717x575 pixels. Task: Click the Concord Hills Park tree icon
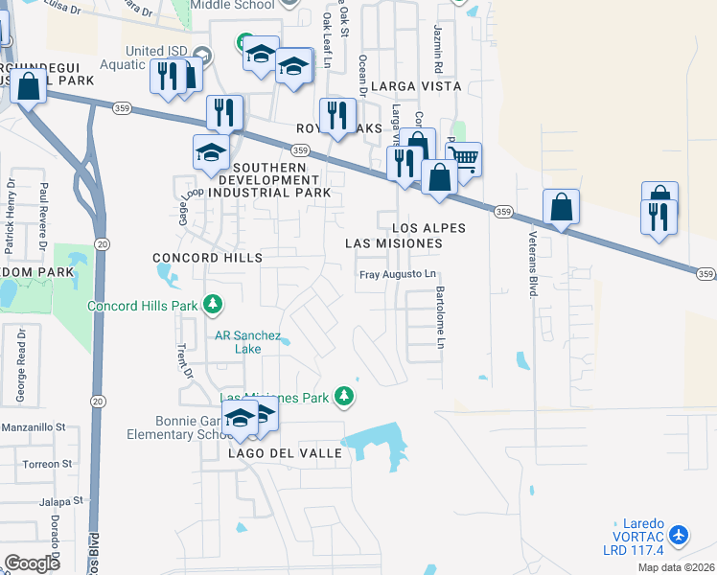tap(213, 306)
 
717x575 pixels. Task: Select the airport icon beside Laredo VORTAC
tap(679, 534)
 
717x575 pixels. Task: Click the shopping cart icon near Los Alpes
tap(463, 158)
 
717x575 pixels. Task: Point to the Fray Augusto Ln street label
tap(397, 275)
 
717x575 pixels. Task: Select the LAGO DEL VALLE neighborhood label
tap(285, 452)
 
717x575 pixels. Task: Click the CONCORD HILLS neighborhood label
tap(208, 259)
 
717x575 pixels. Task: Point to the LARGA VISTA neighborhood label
tap(417, 86)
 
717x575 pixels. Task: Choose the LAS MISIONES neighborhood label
tap(394, 243)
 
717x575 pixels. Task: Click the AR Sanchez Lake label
tap(247, 342)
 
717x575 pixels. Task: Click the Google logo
tap(32, 563)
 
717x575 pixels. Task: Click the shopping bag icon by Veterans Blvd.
tap(561, 205)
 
